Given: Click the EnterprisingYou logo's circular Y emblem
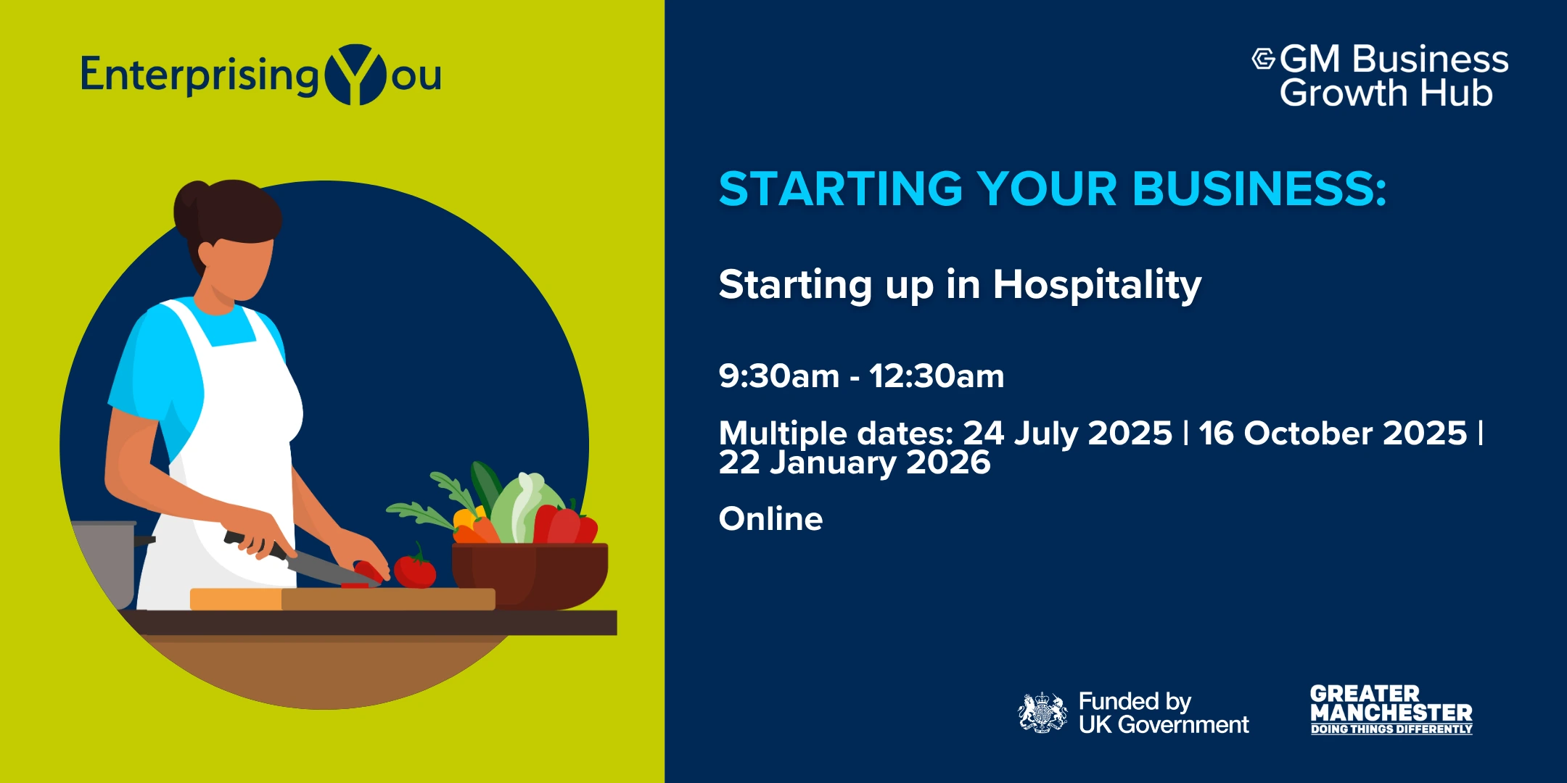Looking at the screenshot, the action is click(355, 75).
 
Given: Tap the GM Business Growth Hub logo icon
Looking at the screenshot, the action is click(1263, 59).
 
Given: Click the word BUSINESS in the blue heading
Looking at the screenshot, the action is click(1259, 188).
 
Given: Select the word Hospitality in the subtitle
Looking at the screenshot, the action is click(1097, 285).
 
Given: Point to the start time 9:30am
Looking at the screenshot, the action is click(779, 376).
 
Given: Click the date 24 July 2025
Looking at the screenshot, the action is click(1067, 434).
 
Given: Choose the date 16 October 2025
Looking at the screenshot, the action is click(1333, 434).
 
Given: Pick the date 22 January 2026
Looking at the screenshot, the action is click(855, 463).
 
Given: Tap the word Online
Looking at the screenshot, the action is click(770, 519).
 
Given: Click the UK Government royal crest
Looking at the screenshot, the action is click(1042, 713).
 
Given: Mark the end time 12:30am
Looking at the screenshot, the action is click(937, 376).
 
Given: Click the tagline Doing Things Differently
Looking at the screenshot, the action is click(1391, 729).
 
